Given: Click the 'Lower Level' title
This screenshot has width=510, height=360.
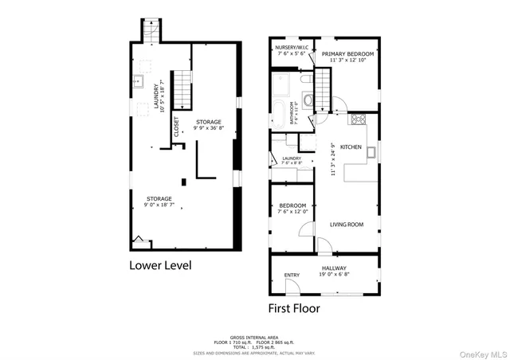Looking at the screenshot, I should click(x=160, y=265).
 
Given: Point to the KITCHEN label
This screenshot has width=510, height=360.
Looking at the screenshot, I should click(x=351, y=147).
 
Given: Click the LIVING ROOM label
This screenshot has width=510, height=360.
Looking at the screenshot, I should click(x=347, y=225).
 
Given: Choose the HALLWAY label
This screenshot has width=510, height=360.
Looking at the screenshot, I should click(x=334, y=268).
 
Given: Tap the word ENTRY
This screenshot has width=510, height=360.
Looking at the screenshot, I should click(x=292, y=276).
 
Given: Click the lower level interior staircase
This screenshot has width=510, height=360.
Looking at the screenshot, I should click(x=183, y=88).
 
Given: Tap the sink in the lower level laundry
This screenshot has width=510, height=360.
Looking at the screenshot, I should click(x=138, y=80).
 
